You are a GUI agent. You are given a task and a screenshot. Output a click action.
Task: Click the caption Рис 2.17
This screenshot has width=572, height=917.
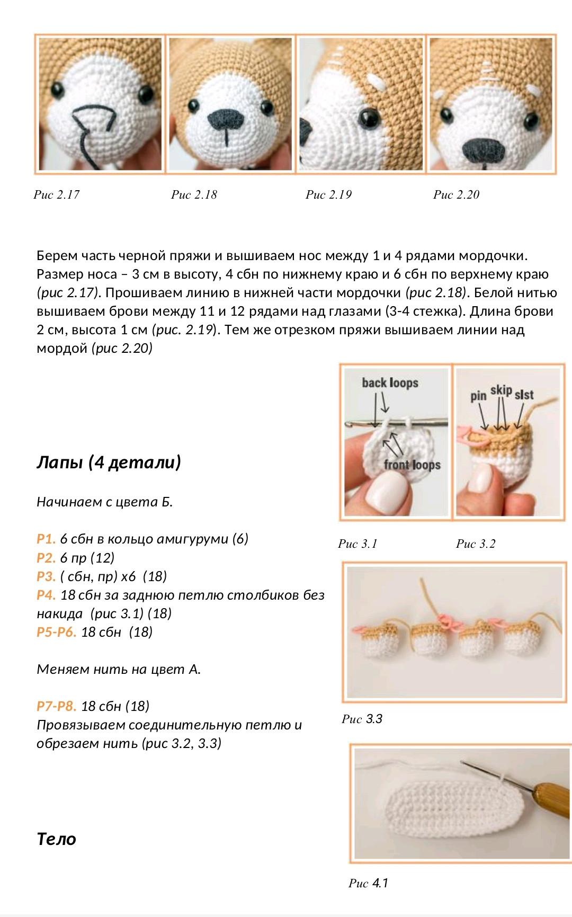57,195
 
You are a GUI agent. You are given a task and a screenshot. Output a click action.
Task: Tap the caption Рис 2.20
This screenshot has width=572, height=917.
456,195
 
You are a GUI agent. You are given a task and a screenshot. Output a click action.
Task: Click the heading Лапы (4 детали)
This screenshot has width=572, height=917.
109,462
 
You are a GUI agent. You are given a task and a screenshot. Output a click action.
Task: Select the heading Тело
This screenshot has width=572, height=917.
56,839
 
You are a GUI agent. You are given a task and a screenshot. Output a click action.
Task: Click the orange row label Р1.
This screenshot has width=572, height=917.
46,539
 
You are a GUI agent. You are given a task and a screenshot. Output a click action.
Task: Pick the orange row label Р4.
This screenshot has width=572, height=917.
46,595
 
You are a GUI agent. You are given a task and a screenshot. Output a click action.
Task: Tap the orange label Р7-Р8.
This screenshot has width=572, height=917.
56,706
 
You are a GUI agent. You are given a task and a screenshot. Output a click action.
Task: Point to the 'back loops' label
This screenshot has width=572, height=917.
390,382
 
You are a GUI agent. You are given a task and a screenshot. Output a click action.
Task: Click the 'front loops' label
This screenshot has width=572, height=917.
412,465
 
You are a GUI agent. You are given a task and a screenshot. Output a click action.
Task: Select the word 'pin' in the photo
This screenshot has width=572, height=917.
478,396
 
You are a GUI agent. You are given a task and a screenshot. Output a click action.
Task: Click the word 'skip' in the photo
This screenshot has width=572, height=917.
501,390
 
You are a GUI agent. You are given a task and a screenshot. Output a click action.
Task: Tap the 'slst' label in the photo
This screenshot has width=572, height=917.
524,395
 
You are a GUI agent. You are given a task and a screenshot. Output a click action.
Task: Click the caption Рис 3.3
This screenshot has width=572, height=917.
362,719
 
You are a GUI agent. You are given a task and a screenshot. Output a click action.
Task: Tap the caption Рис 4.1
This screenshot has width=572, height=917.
368,883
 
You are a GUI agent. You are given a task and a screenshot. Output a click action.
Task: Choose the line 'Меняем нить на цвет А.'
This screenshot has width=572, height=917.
119,669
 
